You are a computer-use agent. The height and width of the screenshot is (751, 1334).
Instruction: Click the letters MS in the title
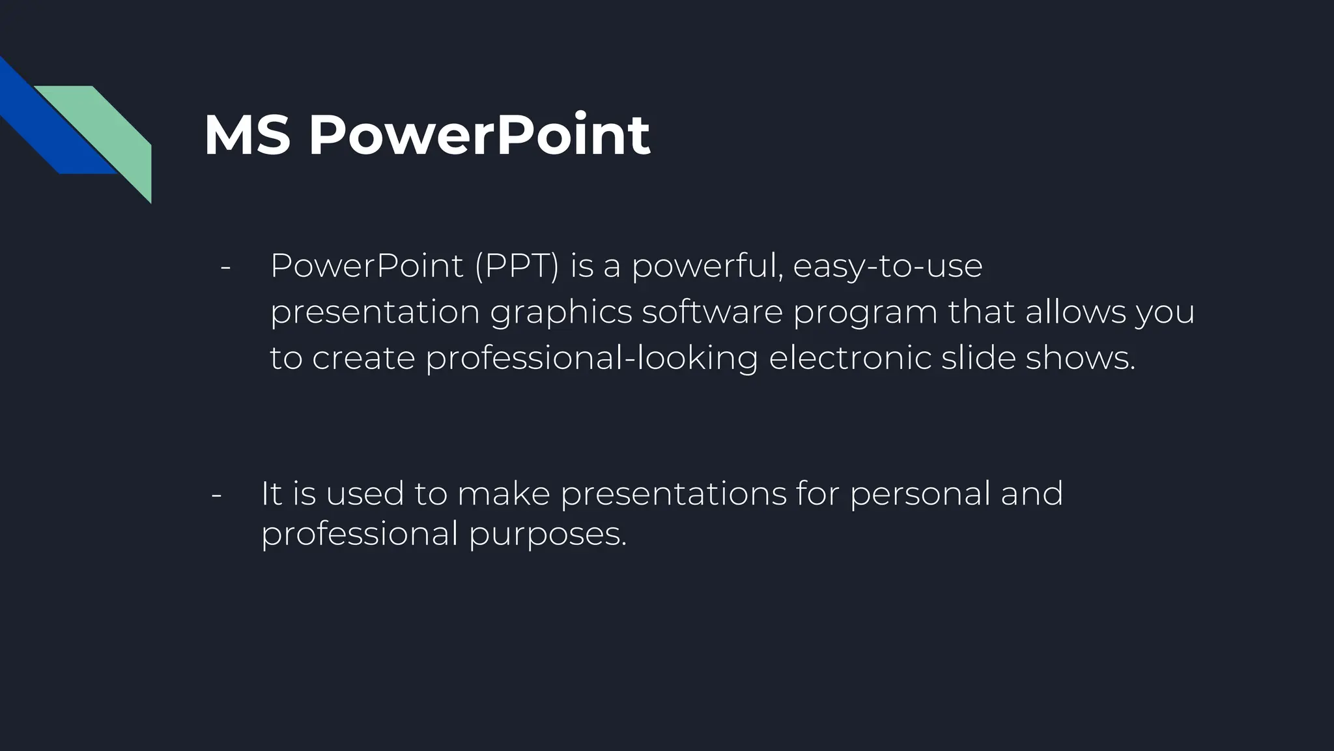247,136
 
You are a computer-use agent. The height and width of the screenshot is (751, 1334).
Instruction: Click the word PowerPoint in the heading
479,136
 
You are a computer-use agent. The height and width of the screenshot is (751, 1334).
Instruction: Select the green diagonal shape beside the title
111,130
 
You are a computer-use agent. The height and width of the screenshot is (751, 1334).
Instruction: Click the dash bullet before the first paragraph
226,267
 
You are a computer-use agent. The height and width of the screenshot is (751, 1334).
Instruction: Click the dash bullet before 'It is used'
217,494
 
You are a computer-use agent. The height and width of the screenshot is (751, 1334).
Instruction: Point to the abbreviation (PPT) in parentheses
517,266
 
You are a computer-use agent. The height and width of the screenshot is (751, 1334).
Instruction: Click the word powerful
707,266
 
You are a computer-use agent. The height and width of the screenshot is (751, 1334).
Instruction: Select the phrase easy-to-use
887,266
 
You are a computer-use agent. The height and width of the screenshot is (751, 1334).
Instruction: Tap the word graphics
561,312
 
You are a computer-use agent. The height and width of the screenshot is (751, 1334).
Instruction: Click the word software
712,312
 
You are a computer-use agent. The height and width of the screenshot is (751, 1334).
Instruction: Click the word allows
1075,312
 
